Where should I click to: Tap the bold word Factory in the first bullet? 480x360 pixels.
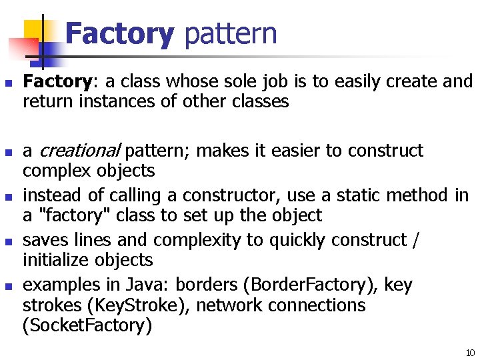(57, 82)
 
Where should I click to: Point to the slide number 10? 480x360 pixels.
(469, 352)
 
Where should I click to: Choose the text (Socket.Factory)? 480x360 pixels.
(87, 326)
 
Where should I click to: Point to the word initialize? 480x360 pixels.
(55, 261)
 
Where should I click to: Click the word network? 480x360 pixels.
(239, 306)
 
